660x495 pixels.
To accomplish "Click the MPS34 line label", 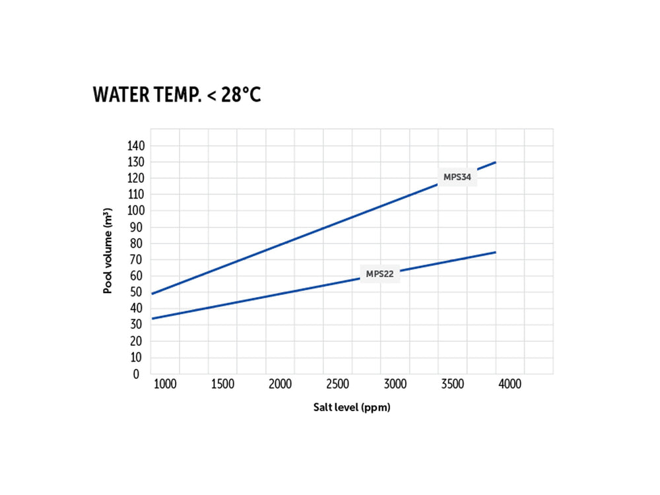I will pos(456,177).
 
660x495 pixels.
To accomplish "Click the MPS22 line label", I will pos(379,274).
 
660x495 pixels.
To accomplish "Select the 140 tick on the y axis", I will pos(137,146).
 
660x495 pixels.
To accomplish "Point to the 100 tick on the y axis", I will pos(137,211).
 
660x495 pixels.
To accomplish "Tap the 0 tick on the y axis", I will pos(137,374).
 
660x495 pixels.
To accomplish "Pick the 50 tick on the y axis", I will pos(137,292).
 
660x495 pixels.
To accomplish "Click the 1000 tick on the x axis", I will pos(165,384).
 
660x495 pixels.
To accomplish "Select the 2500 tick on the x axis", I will pos(338,384).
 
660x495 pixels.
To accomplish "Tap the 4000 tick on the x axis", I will pos(510,384).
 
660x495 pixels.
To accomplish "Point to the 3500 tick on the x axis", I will pos(453,384).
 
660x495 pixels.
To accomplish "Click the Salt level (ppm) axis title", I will pos(352,408).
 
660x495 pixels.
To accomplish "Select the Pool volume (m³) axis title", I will pos(108,251).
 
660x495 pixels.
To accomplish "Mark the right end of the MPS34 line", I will pos(495,162).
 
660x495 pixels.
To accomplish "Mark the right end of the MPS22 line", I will pos(495,252).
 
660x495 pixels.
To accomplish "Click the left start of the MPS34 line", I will pos(152,294).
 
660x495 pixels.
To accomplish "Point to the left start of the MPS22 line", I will pos(152,319).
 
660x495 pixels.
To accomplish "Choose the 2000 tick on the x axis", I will pos(280,384).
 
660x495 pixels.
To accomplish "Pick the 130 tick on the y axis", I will pos(137,162).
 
